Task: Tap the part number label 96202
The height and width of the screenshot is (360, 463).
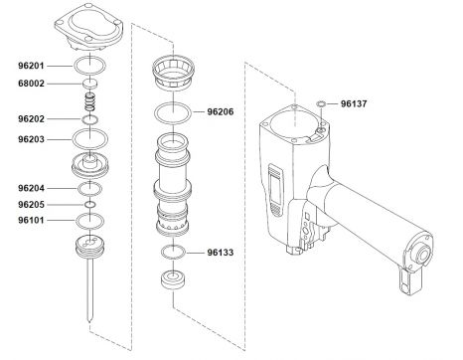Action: [30, 118]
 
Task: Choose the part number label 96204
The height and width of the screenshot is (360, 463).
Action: [30, 187]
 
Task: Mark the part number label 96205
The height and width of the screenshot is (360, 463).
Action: [30, 204]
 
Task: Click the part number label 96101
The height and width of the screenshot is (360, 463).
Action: [30, 220]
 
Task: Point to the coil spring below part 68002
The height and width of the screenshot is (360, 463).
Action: [90, 101]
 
